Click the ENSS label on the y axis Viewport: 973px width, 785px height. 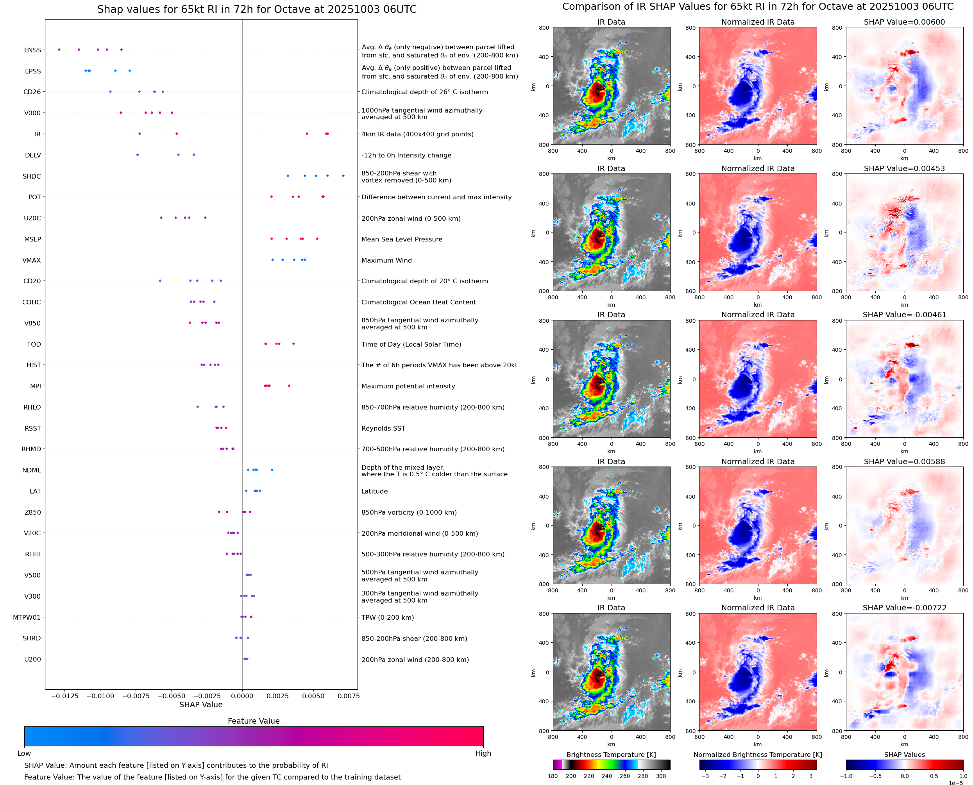(x=32, y=50)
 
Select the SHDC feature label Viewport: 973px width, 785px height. (x=32, y=176)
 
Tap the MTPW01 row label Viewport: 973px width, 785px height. (x=27, y=617)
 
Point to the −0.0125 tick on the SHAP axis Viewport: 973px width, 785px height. (x=64, y=696)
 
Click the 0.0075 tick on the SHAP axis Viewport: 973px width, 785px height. (x=349, y=696)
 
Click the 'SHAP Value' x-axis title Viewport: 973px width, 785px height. (x=201, y=705)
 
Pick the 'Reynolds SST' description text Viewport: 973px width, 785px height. (x=383, y=428)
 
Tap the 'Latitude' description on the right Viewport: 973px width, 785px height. (x=374, y=491)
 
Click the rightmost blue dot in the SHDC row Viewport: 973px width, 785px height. (x=343, y=175)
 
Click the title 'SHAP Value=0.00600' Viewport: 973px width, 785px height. (x=904, y=22)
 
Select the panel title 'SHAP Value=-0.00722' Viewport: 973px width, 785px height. (x=904, y=608)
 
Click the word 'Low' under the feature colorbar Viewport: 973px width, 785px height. (x=24, y=753)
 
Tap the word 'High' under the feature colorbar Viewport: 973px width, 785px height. (x=483, y=753)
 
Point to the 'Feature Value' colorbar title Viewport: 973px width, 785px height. (x=254, y=721)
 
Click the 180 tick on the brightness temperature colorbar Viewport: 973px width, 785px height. (x=553, y=776)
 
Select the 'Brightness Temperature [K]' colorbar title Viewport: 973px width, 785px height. (x=611, y=755)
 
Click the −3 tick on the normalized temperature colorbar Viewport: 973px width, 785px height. (x=705, y=776)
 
